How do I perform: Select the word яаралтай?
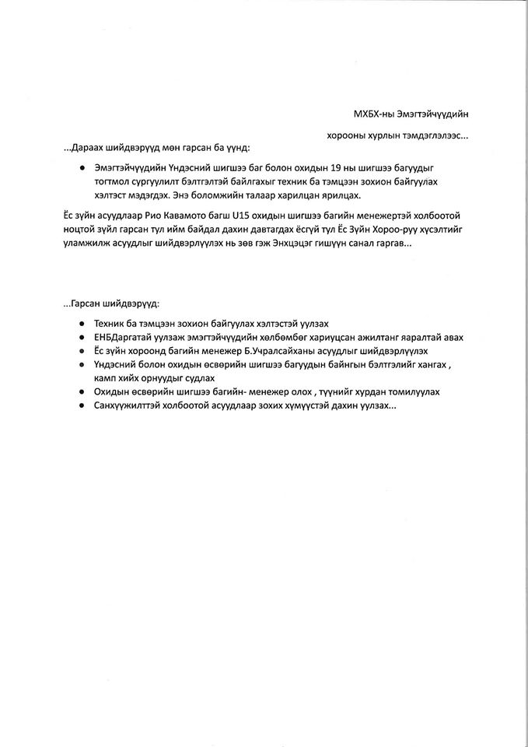click(441, 337)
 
